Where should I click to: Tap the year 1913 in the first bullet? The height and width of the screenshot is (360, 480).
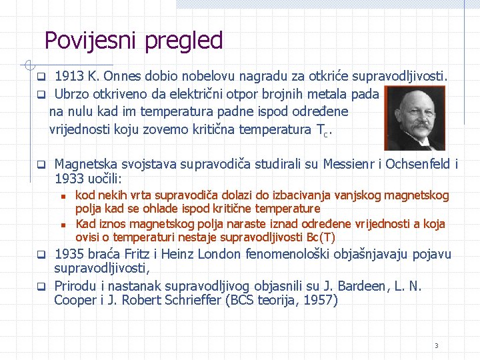[x=68, y=75]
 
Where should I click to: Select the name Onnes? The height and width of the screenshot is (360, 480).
[x=123, y=75]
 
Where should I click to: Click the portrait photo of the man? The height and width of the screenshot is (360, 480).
[x=416, y=119]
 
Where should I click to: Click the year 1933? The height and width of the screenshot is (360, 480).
[x=69, y=179]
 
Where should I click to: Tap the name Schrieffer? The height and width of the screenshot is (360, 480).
[x=189, y=300]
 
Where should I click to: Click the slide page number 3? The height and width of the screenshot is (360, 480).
[x=436, y=345]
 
